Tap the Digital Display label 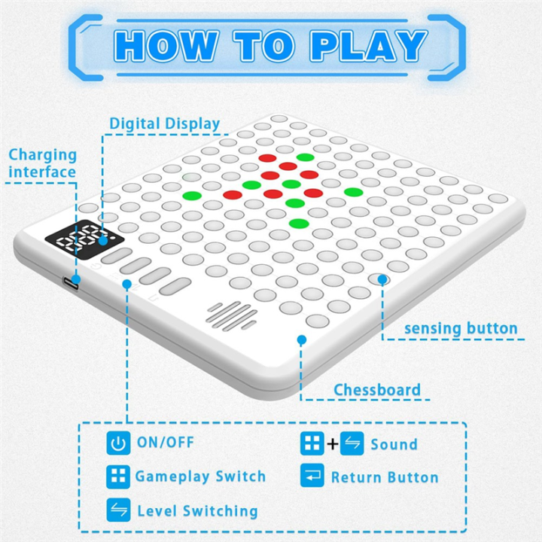[x=165, y=123]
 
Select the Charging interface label [x=43, y=163]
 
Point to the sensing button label [x=461, y=328]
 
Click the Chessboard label [x=377, y=389]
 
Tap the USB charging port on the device [x=73, y=282]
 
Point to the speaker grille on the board [x=230, y=317]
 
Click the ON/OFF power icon [x=117, y=443]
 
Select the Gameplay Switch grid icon [x=117, y=477]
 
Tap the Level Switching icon [x=117, y=510]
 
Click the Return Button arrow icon [x=311, y=477]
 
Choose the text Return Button [x=384, y=477]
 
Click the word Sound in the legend [x=394, y=443]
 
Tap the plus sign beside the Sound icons [x=332, y=443]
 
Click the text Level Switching [x=197, y=511]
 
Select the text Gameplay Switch [x=200, y=477]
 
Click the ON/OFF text [x=164, y=443]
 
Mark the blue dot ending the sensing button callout [x=382, y=279]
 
